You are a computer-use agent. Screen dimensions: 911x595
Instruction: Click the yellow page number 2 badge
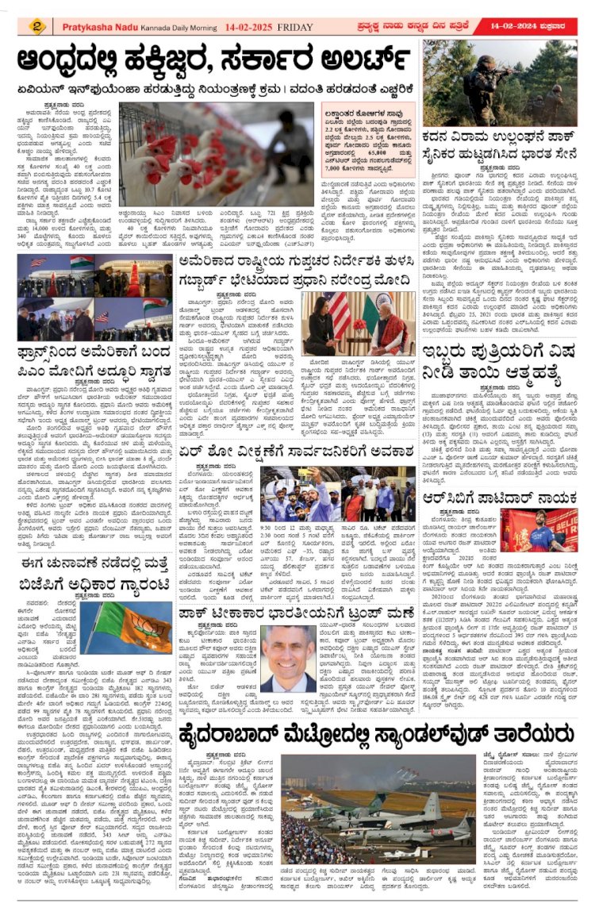click(x=36, y=26)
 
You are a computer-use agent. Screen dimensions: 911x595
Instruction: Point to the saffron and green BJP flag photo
click(x=132, y=626)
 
